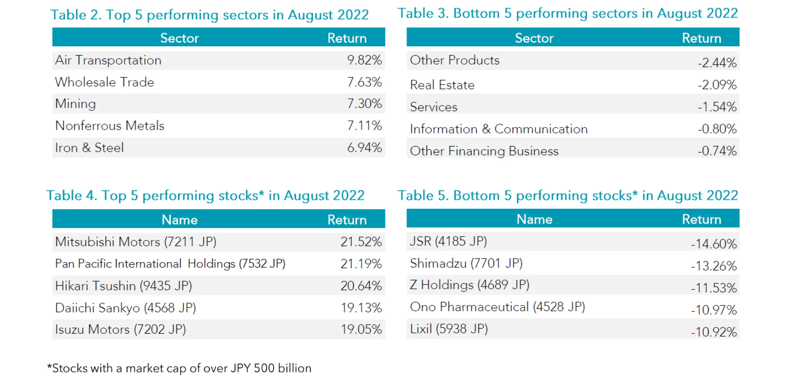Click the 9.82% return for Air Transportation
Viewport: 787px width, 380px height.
tap(364, 60)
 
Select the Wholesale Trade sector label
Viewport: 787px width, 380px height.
tap(105, 82)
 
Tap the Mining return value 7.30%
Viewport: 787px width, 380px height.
tap(364, 104)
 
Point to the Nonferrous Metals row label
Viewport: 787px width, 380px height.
tap(109, 126)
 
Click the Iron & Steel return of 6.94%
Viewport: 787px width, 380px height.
tap(364, 148)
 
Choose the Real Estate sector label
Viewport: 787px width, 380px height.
tap(442, 85)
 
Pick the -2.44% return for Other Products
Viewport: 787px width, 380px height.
tap(717, 63)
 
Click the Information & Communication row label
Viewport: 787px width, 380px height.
tap(498, 129)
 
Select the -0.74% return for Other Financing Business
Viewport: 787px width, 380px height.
tap(717, 151)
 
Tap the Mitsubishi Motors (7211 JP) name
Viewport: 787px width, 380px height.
tap(136, 242)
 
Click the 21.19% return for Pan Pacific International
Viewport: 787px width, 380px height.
tap(361, 264)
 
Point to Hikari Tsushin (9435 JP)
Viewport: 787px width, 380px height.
tap(123, 286)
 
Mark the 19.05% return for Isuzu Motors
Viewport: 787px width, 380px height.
tap(361, 329)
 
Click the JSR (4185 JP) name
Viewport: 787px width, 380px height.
tap(448, 241)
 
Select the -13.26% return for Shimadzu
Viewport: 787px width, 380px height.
tap(714, 266)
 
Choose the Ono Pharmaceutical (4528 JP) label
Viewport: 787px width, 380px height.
tap(497, 307)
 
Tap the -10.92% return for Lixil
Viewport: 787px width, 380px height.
tap(714, 332)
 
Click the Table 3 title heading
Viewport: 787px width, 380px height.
tap(567, 14)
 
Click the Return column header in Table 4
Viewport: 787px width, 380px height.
tap(347, 220)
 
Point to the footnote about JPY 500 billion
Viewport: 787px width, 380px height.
tap(180, 368)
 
